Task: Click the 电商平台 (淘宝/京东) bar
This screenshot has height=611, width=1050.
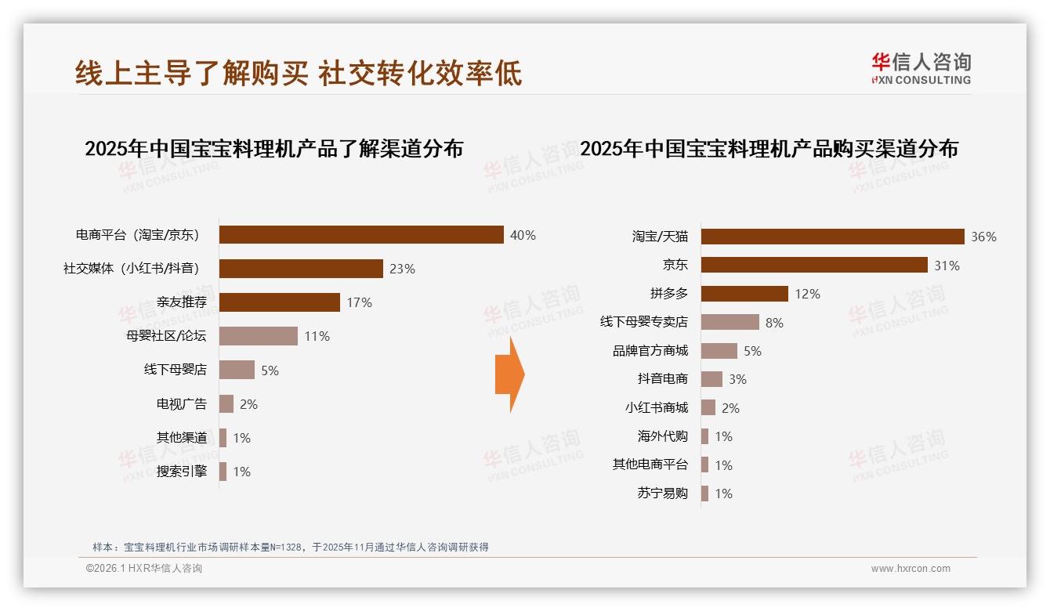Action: tap(360, 235)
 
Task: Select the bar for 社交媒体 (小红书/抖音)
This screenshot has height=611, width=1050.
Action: tap(301, 269)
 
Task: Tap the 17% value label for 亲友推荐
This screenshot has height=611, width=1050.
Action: tap(360, 302)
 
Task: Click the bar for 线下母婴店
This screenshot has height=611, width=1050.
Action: tap(237, 370)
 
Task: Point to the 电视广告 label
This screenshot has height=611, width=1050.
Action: tap(182, 404)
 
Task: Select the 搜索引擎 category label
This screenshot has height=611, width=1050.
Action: tap(182, 472)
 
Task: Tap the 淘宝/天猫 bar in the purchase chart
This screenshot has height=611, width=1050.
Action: tap(832, 237)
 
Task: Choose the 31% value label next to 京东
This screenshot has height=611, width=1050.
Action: tap(947, 266)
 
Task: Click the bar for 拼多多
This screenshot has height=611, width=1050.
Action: tap(744, 294)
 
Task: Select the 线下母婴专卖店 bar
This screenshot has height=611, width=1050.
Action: tap(730, 322)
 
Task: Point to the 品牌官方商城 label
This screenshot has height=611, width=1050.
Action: tap(650, 351)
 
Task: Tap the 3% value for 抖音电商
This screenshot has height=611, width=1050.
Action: tap(737, 379)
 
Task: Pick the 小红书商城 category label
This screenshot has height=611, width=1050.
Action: tap(657, 408)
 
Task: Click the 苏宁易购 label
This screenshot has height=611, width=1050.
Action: tap(663, 493)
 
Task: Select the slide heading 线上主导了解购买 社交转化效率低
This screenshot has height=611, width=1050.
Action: tap(299, 73)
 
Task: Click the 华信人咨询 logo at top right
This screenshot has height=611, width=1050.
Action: tap(921, 68)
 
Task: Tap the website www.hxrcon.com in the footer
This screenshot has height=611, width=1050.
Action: tap(911, 569)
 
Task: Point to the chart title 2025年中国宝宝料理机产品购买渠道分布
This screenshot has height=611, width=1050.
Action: tap(769, 149)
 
